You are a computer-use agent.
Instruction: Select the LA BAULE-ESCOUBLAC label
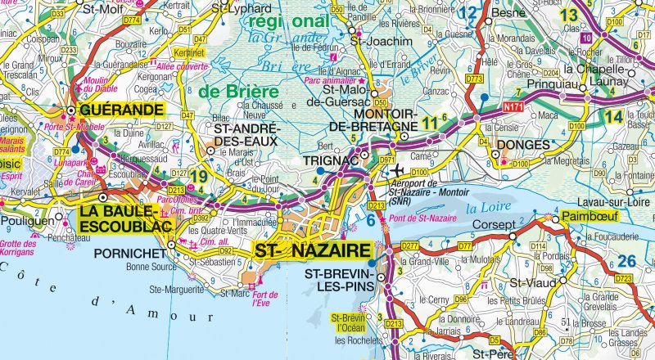pyautogui.click(x=132, y=220)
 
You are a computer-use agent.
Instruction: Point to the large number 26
pyautogui.click(x=628, y=261)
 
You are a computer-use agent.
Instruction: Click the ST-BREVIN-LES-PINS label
pyautogui.click(x=337, y=280)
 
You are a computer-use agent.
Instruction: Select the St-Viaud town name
pyautogui.click(x=527, y=283)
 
